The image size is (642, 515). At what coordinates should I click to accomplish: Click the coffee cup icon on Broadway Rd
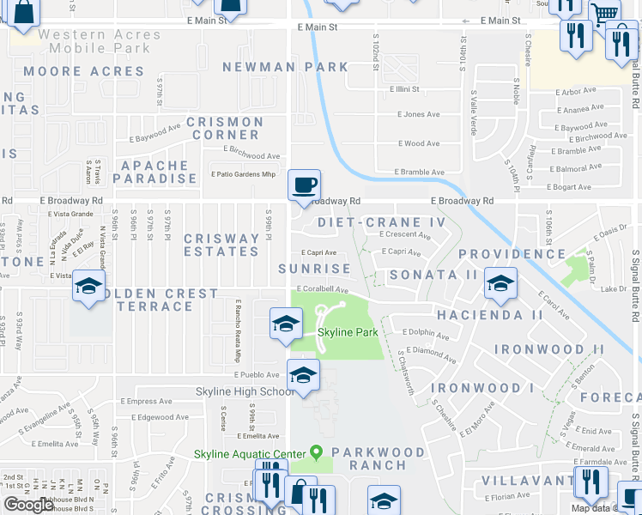(x=304, y=185)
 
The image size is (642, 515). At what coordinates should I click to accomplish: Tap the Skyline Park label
(x=348, y=332)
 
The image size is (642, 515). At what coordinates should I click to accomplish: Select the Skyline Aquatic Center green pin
(x=316, y=451)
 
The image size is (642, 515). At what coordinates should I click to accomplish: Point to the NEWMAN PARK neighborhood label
(x=285, y=67)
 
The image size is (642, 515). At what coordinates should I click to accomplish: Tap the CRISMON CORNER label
(x=226, y=128)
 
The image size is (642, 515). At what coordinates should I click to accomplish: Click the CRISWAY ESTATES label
(x=221, y=245)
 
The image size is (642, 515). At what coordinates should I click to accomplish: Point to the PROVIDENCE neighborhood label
(x=512, y=254)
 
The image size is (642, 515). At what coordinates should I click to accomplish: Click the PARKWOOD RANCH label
(x=378, y=458)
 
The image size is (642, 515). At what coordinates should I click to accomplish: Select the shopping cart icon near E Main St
(x=604, y=13)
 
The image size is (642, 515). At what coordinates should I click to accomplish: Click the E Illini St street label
(x=402, y=89)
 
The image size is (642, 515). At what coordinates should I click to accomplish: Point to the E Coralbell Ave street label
(x=322, y=289)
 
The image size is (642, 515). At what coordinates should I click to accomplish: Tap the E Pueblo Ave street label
(x=257, y=375)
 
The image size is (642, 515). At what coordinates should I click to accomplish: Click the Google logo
(x=28, y=505)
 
